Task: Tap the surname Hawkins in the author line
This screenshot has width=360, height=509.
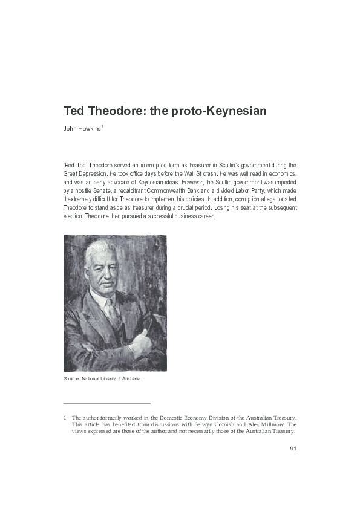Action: tap(89, 129)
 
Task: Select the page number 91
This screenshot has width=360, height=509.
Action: tap(293, 449)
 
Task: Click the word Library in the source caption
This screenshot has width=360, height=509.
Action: tap(111, 378)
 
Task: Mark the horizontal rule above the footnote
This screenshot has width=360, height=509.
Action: tap(106, 403)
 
